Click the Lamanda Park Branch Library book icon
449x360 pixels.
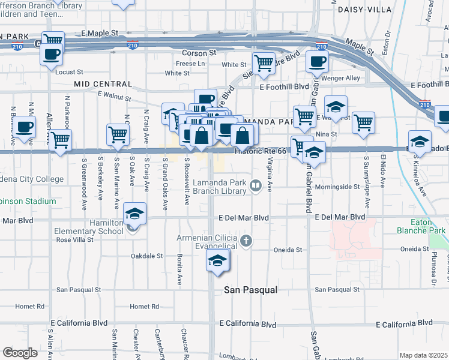(x=256, y=186)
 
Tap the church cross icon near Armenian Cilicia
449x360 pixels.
(x=246, y=241)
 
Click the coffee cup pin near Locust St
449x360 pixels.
(x=51, y=55)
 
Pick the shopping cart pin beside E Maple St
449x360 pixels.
(x=53, y=41)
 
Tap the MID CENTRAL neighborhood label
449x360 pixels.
(x=103, y=84)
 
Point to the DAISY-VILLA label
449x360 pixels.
(x=364, y=10)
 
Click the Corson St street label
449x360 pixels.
(x=199, y=53)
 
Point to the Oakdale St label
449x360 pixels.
(x=146, y=256)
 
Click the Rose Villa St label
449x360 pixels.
(x=74, y=239)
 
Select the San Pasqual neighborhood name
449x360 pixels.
(x=251, y=290)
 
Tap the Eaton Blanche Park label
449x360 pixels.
(x=421, y=226)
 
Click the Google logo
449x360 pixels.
(x=20, y=353)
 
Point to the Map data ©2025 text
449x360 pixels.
(x=423, y=355)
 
